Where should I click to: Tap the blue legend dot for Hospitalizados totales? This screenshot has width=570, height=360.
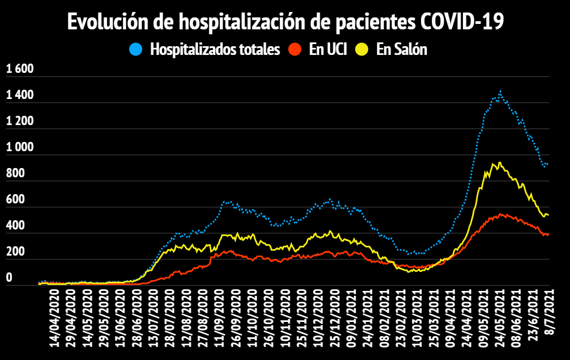136,49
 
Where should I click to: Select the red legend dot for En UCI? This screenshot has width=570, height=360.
295,49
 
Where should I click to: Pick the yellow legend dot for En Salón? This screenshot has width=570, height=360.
362,49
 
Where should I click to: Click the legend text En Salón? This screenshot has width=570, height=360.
402,49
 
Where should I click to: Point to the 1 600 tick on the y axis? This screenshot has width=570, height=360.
20,69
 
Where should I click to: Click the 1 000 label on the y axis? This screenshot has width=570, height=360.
20,147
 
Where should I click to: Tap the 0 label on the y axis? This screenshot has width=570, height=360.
9,278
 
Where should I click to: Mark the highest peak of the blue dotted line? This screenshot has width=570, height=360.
500,91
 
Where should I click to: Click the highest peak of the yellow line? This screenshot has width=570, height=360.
499,162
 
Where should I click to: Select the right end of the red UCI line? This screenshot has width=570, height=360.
548,234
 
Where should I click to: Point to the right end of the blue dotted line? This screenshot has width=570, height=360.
548,164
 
